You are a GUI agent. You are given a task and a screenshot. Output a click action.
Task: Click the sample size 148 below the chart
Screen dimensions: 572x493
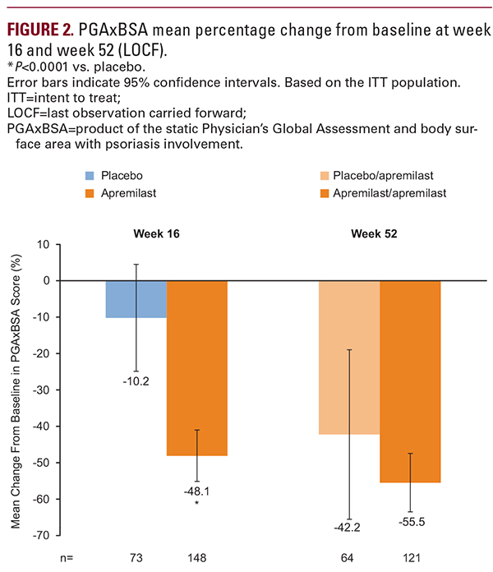(x=197, y=558)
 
